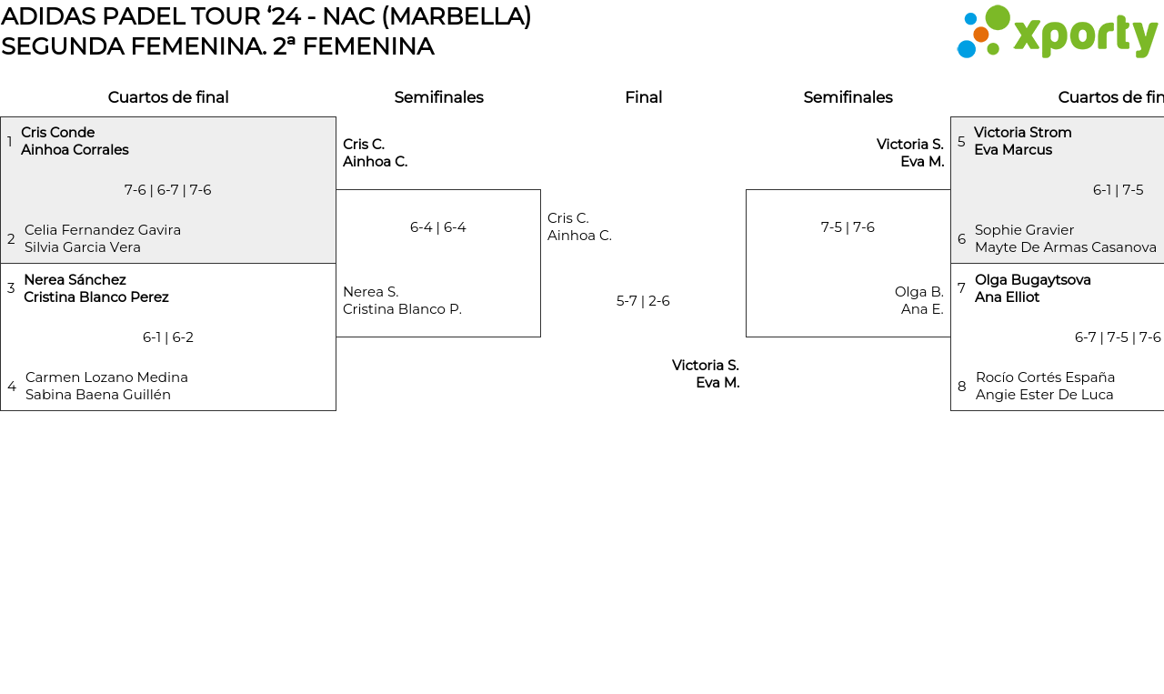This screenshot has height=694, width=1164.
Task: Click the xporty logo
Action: (x=1057, y=33)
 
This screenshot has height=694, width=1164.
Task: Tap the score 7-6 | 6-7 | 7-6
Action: (x=167, y=190)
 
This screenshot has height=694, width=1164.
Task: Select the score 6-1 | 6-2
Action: (x=167, y=337)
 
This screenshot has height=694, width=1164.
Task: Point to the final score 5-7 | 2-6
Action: (x=643, y=301)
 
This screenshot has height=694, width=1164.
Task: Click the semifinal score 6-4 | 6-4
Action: (x=437, y=227)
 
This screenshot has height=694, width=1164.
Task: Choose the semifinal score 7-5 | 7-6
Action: (x=848, y=227)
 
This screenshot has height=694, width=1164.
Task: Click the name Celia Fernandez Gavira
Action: (x=103, y=230)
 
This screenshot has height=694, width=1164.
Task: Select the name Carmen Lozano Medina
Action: (x=106, y=377)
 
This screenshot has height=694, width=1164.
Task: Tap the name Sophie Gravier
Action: (x=1024, y=230)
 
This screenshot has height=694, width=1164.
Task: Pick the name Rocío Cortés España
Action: (x=1045, y=377)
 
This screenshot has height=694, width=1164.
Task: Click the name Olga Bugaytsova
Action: (x=1032, y=280)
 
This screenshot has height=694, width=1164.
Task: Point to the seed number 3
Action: (x=11, y=288)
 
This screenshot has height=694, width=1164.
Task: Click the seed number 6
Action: (x=961, y=239)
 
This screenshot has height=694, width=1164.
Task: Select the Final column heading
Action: (x=643, y=97)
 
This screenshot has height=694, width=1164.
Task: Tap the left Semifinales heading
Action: (x=438, y=97)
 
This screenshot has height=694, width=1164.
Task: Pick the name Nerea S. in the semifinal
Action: (x=370, y=292)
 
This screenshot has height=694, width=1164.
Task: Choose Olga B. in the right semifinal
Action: (x=918, y=292)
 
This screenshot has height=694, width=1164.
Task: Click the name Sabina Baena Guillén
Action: (x=97, y=395)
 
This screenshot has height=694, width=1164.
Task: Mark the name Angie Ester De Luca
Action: (x=1044, y=395)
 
